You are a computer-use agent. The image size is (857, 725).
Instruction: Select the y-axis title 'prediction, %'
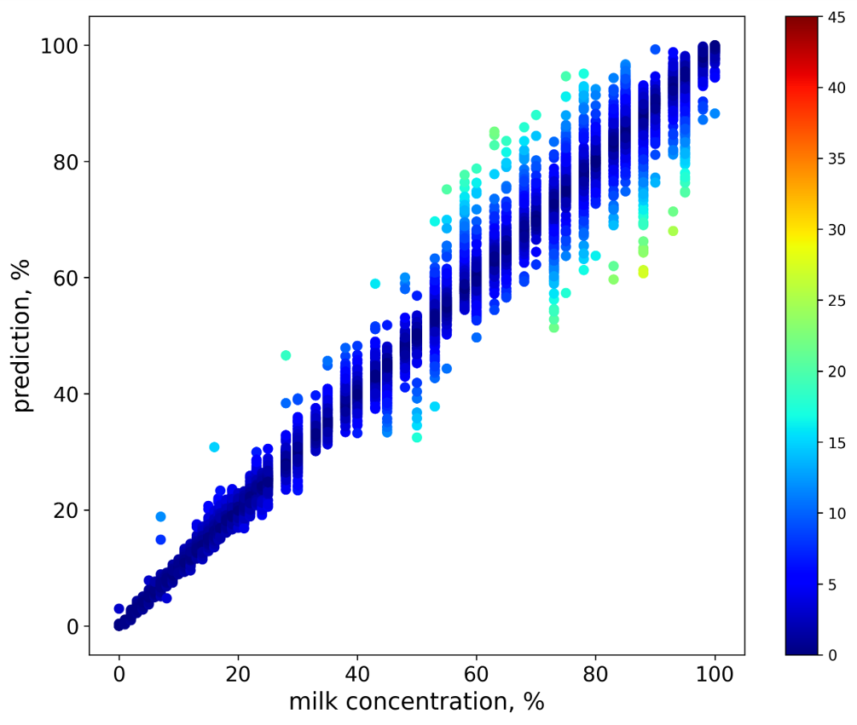point(23,335)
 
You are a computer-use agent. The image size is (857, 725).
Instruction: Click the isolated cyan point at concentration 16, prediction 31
point(214,447)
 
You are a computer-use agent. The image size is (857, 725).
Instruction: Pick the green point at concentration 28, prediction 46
point(286,355)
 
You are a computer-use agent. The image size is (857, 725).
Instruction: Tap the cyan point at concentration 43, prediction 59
point(375,284)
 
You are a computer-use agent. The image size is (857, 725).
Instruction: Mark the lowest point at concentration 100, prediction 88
point(715,113)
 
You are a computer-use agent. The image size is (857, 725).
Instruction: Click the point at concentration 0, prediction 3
point(119,608)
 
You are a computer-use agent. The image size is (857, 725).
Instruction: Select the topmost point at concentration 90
point(655,49)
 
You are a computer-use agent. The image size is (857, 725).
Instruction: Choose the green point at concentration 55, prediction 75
point(447,189)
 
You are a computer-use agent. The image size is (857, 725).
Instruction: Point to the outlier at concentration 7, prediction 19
point(160,516)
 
